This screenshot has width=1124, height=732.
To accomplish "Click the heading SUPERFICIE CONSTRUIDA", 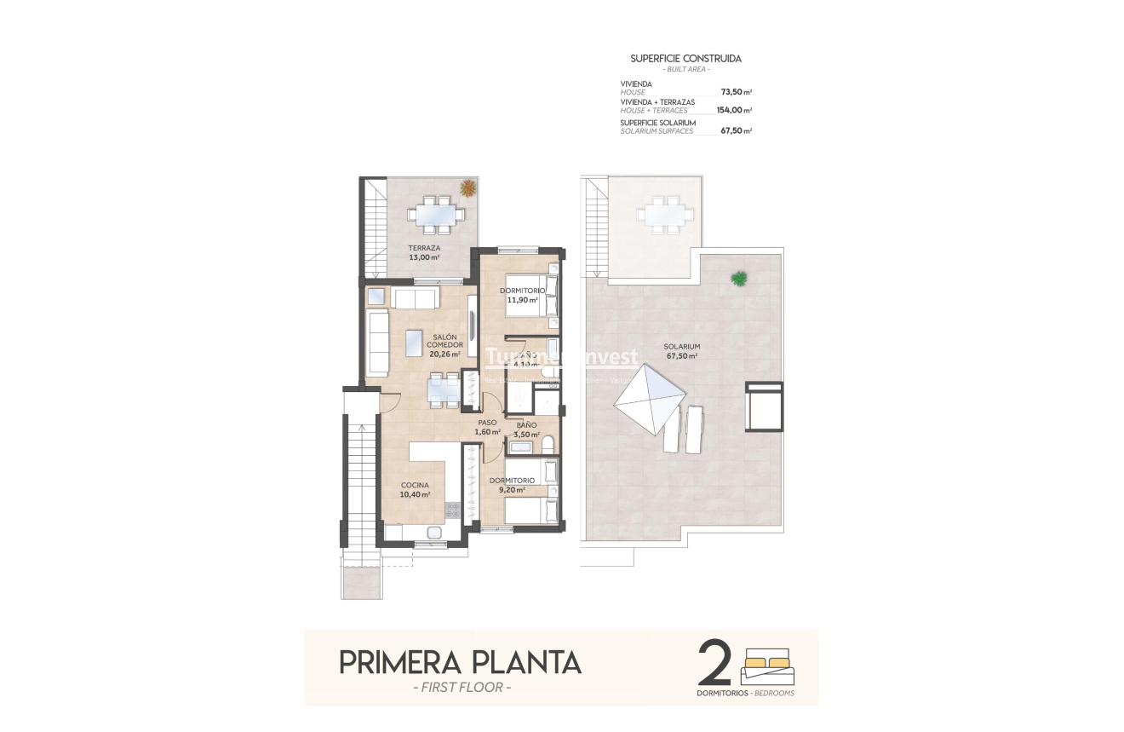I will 685,59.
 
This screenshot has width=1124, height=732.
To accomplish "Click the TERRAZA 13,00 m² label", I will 423,252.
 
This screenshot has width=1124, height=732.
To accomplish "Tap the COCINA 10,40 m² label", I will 416,489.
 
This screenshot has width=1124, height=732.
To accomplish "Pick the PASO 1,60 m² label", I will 487,427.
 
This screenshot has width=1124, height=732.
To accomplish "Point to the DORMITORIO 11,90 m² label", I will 523,295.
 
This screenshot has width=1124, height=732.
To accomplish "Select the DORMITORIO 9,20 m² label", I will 512,485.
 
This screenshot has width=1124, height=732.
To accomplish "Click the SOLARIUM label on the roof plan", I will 682,351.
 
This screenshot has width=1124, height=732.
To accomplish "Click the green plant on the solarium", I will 738,278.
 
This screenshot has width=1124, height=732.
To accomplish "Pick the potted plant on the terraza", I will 467,187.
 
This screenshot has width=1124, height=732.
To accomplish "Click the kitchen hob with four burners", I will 453,510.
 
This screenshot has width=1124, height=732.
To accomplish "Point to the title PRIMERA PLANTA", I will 460,662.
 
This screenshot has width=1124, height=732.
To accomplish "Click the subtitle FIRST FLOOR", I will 461,687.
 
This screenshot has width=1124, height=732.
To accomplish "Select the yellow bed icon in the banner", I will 767,660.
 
